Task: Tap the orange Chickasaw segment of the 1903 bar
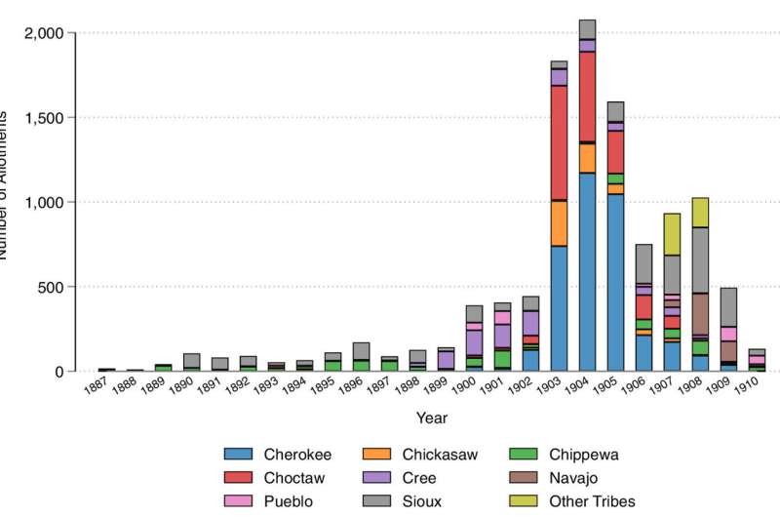coord(559,223)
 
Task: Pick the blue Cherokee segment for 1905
coord(615,282)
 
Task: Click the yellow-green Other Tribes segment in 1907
coord(672,234)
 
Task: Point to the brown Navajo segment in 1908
coord(700,313)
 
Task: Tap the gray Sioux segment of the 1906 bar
coord(643,263)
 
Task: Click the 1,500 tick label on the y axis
coord(43,118)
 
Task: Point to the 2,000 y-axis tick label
coord(43,33)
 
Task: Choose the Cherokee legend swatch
coord(238,454)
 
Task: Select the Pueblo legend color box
coord(238,502)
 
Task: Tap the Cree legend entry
coord(416,478)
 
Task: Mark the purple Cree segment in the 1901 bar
coord(502,337)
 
